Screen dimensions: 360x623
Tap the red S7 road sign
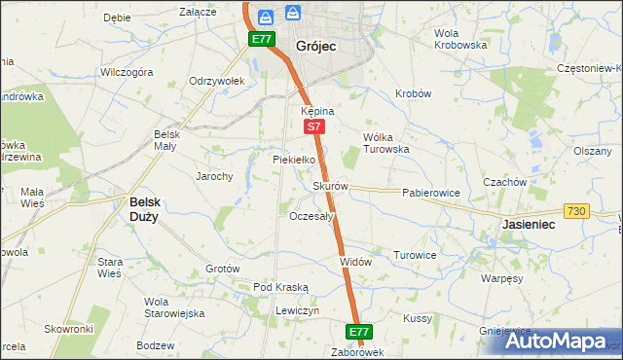point(312,127)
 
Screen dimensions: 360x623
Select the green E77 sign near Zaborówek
point(358,332)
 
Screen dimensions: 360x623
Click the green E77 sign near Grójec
point(260,39)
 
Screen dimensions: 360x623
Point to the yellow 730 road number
point(576,211)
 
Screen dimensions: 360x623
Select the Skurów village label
point(330,186)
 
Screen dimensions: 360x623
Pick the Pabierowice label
point(430,193)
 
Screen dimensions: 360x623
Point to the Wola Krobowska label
point(459,39)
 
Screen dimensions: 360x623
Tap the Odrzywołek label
point(215,81)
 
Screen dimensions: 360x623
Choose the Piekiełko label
point(293,159)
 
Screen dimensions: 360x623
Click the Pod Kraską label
point(280,287)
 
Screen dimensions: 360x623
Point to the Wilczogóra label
point(127,73)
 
